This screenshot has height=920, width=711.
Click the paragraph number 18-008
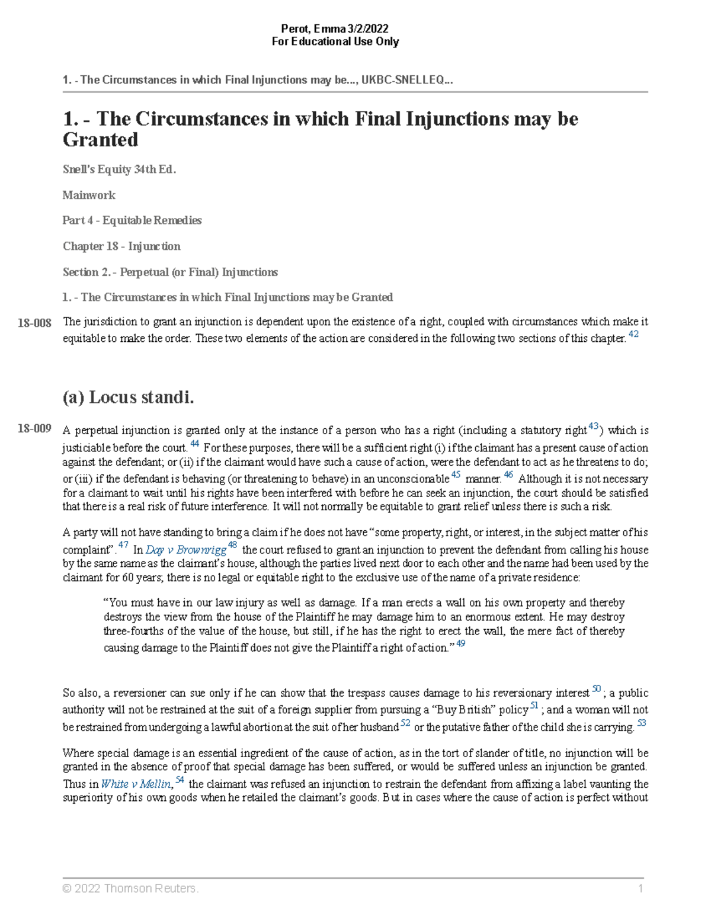click(34, 323)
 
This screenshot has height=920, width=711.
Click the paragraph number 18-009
click(34, 428)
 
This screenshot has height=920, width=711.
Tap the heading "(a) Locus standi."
click(128, 397)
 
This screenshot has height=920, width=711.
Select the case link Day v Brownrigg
click(185, 550)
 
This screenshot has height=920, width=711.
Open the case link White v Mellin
click(136, 784)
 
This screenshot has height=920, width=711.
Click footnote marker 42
click(633, 335)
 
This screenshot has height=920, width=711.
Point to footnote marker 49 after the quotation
click(460, 643)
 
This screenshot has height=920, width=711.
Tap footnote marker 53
click(641, 723)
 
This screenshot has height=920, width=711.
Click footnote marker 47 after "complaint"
click(123, 545)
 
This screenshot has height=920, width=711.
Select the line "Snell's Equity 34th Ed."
click(119, 169)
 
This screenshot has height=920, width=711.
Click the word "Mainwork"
click(89, 195)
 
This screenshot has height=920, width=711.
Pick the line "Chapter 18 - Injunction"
click(121, 246)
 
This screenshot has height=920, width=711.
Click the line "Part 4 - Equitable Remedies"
click(132, 220)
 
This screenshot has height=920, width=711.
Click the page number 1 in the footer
click(640, 888)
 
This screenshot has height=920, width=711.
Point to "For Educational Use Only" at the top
click(335, 41)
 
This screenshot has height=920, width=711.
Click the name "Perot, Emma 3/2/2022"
click(335, 29)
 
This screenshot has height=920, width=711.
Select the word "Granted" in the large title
click(100, 140)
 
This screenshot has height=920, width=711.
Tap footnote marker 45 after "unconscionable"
click(456, 475)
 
